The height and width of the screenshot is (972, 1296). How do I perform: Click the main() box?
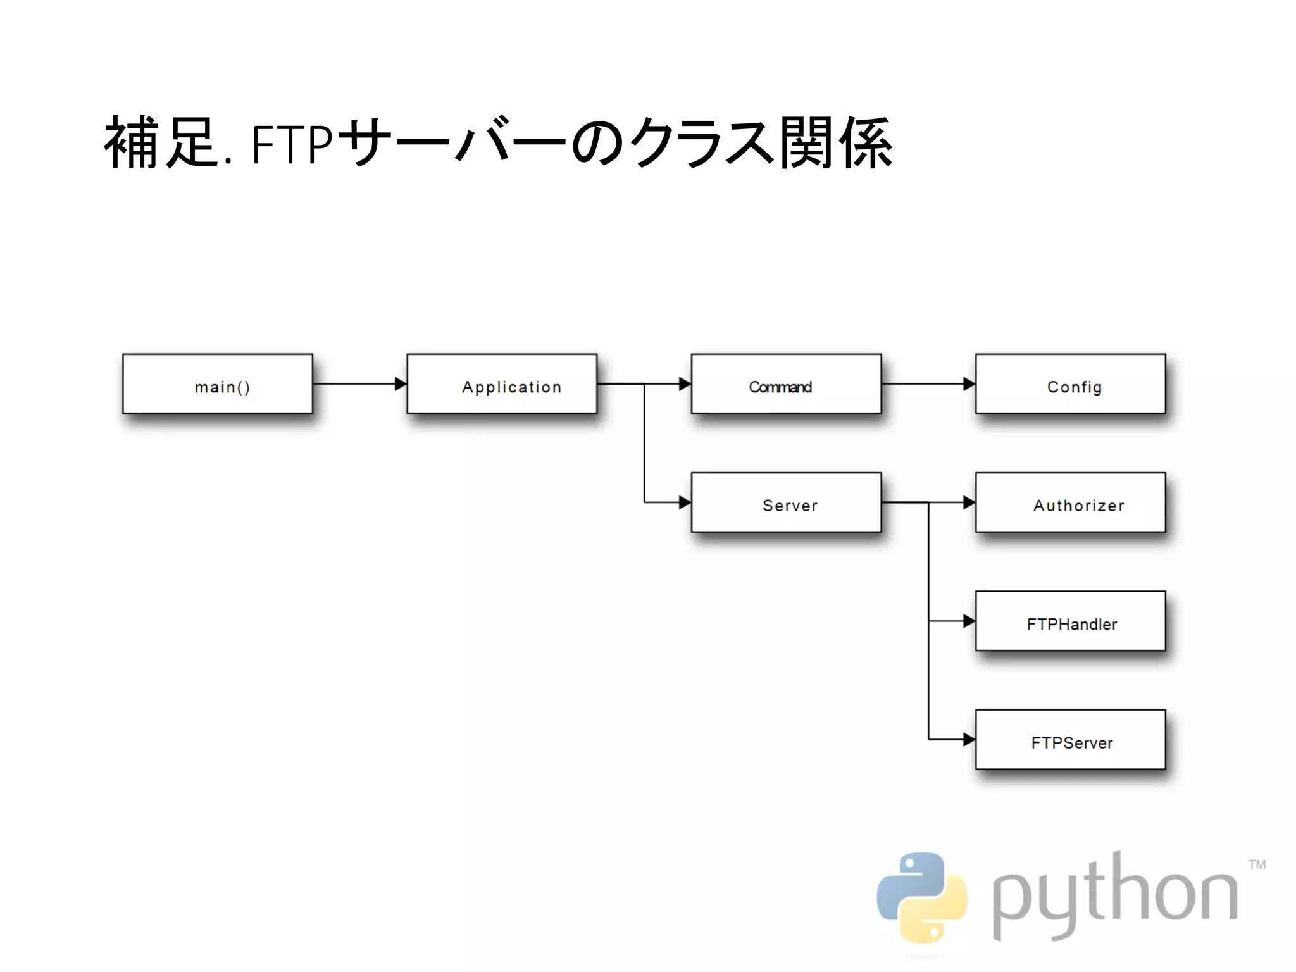point(217,383)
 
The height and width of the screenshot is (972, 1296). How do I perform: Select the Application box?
point(501,383)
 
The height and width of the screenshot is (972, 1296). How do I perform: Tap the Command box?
point(786,383)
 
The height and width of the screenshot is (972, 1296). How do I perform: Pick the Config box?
point(1070,383)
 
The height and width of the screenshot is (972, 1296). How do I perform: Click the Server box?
point(786,502)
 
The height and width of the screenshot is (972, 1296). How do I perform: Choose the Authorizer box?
point(1070,502)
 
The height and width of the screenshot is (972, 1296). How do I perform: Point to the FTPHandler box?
point(1070,621)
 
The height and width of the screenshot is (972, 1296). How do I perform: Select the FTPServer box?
point(1070,739)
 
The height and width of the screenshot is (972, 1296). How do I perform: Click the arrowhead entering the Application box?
point(400,383)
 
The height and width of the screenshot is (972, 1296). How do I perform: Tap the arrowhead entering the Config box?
point(969,383)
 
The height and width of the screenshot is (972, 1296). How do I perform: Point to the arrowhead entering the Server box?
point(685,502)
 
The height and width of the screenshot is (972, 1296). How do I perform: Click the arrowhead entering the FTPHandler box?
point(969,621)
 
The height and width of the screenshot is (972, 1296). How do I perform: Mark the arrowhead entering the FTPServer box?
point(969,739)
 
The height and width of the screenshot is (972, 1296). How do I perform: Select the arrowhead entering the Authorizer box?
point(969,502)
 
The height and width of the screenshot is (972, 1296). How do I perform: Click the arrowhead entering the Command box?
point(685,383)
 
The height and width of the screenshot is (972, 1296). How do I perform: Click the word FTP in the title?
point(292,145)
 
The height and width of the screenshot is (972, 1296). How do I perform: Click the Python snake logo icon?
point(921,897)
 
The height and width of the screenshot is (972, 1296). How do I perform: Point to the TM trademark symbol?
point(1257,864)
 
